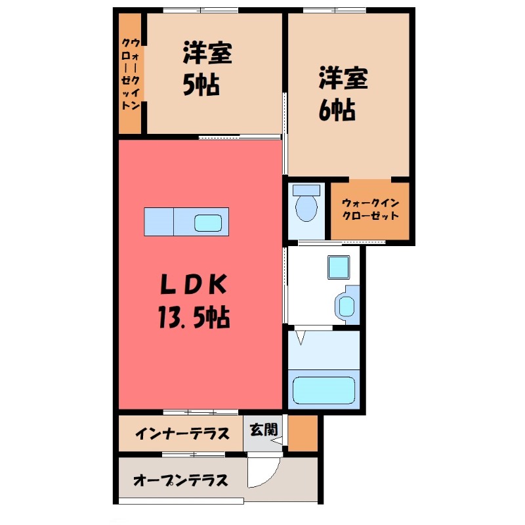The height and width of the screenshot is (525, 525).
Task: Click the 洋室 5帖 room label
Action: (x=207, y=70)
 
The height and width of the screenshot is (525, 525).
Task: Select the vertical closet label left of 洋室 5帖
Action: (x=131, y=73)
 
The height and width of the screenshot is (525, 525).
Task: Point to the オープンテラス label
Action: (x=180, y=480)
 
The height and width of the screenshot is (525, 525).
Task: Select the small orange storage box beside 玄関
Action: (x=303, y=433)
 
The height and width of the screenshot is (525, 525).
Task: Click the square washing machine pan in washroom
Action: (x=339, y=268)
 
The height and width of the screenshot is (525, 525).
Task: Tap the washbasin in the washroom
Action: (x=346, y=305)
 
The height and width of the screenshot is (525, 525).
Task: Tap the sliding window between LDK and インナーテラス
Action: (x=192, y=412)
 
